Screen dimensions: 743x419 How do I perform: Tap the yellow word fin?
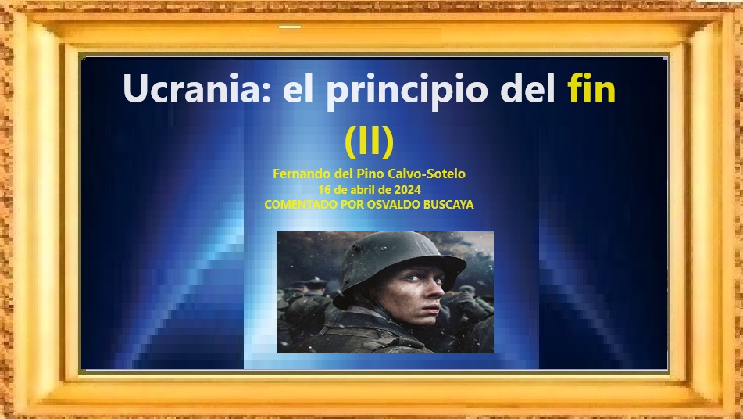(591, 88)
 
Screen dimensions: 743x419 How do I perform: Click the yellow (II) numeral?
(369, 141)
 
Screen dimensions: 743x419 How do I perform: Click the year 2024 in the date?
(407, 190)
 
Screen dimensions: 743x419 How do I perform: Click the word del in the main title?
(527, 88)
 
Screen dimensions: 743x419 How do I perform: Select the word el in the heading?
(298, 88)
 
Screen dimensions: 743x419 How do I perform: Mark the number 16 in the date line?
(324, 190)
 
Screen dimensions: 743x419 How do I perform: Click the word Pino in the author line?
(372, 174)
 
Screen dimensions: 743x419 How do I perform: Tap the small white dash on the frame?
(290, 27)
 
